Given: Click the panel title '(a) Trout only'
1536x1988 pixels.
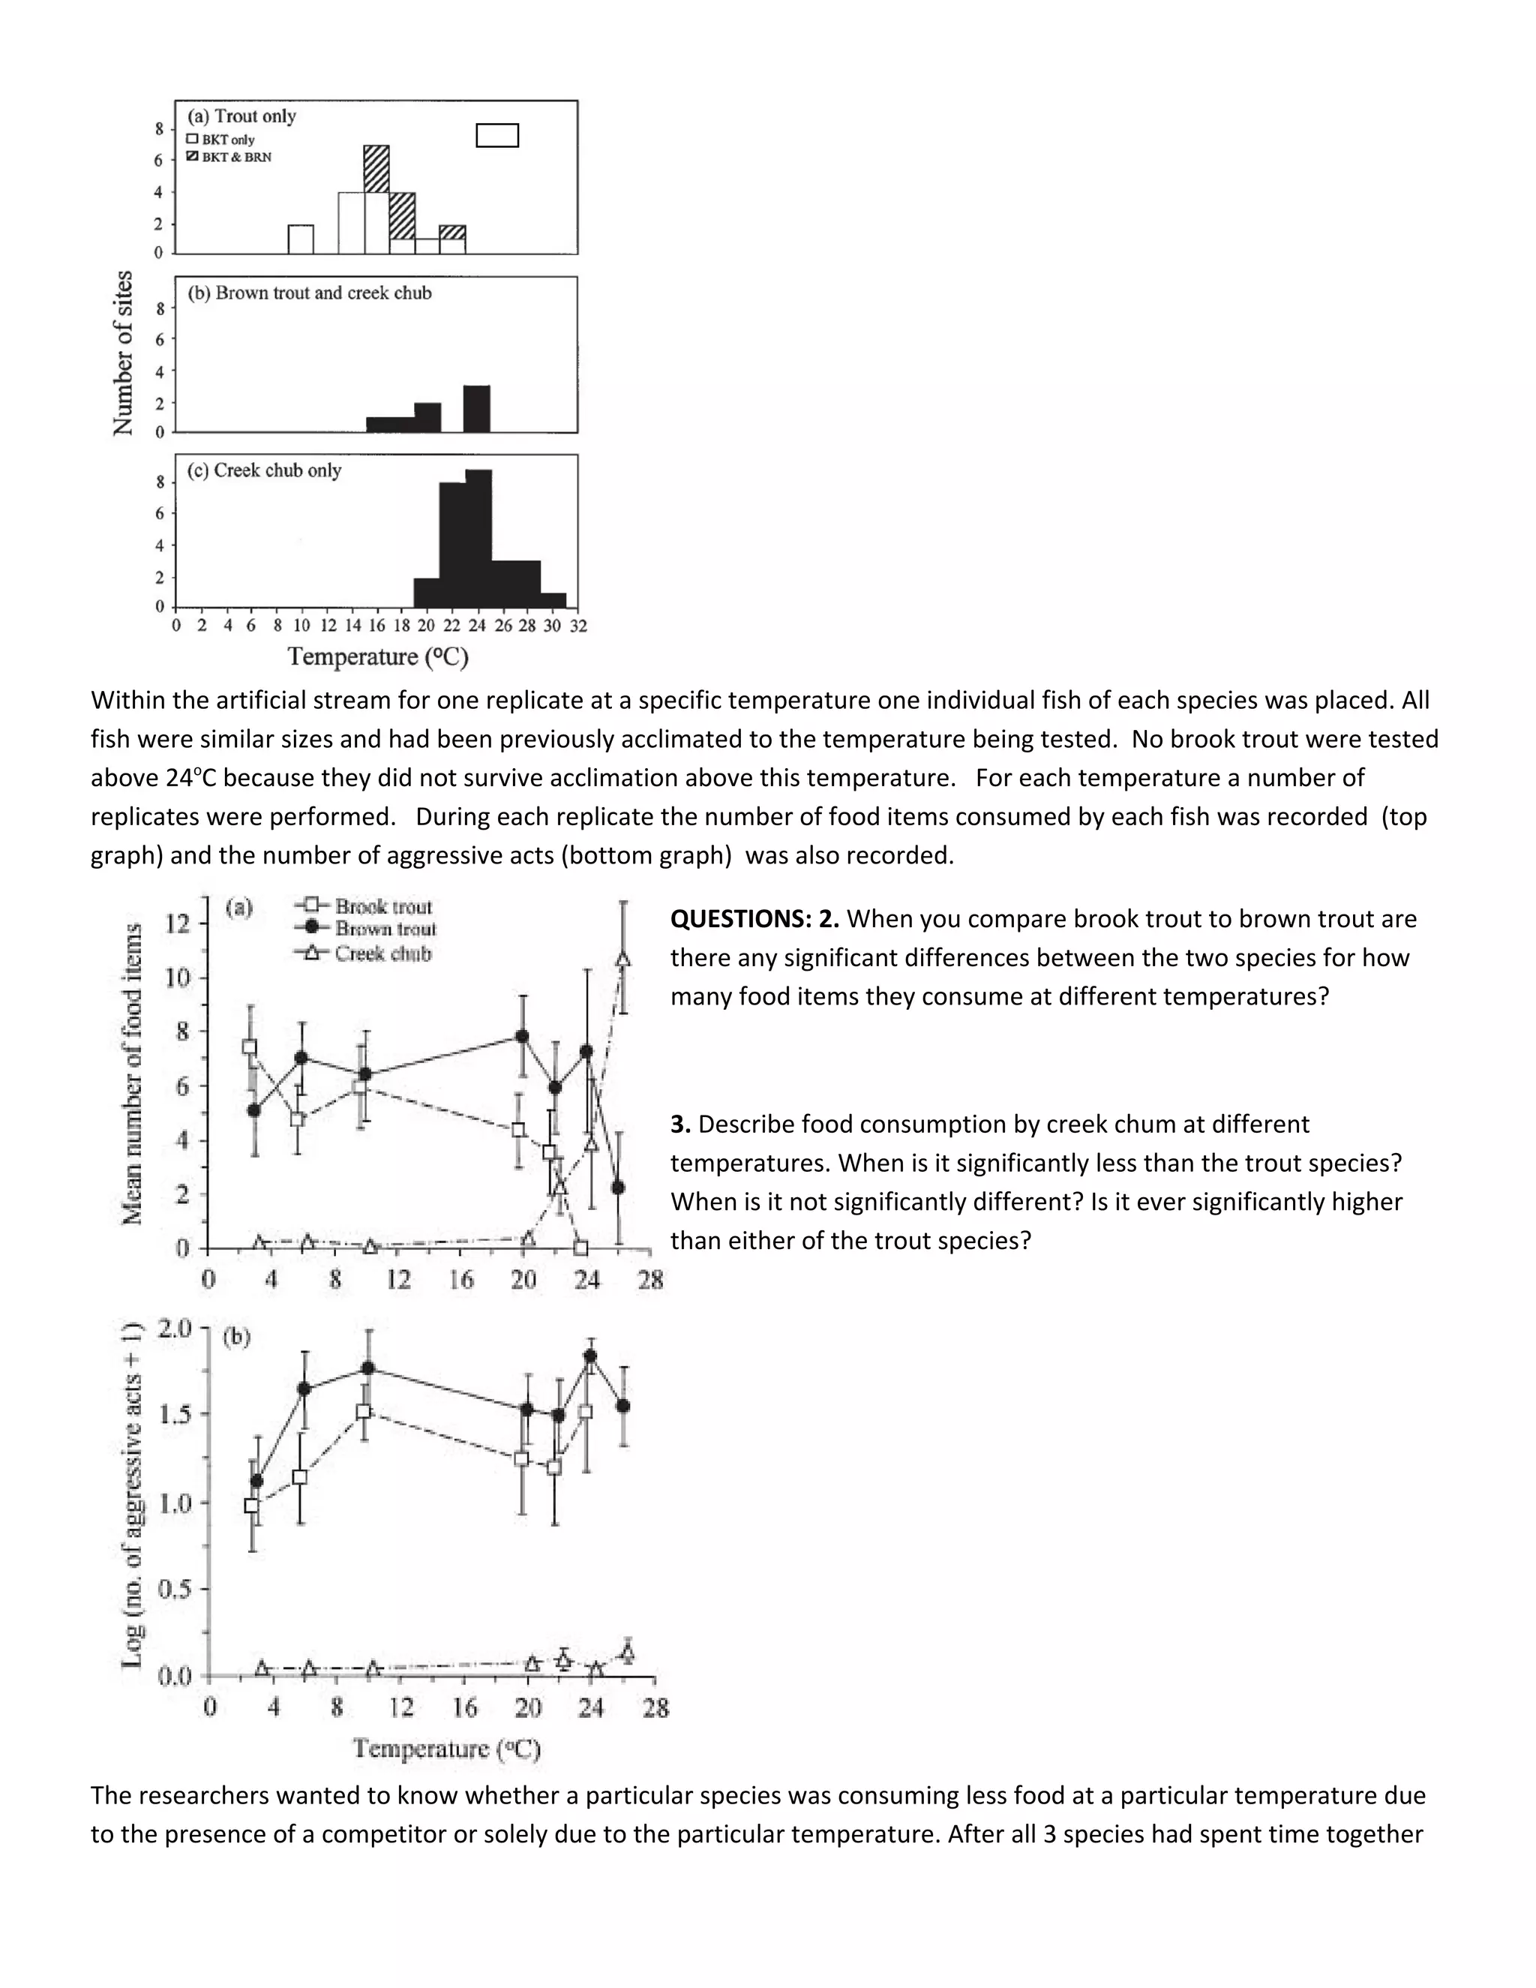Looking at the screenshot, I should (x=242, y=116).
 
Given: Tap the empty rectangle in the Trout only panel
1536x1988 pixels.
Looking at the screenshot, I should (x=498, y=136).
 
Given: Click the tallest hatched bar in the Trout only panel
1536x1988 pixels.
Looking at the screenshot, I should (x=376, y=168).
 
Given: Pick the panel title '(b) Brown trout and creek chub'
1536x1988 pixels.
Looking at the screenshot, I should (x=310, y=293).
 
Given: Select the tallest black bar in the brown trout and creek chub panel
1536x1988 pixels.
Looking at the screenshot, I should (x=477, y=409).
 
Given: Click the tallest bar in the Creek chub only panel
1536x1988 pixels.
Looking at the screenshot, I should (x=478, y=537).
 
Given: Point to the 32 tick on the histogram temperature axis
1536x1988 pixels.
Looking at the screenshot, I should (x=577, y=626).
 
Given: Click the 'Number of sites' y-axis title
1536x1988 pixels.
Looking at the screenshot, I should (x=123, y=353).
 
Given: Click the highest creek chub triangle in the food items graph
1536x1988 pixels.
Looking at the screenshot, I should (x=623, y=959).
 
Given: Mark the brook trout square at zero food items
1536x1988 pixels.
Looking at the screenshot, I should (x=580, y=1247).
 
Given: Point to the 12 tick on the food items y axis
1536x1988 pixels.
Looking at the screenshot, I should (x=178, y=924).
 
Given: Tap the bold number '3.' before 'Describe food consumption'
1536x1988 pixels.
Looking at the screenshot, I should (x=681, y=1125).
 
